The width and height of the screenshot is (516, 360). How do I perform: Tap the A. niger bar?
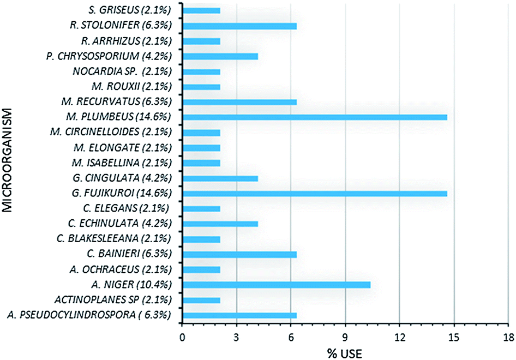(x=277, y=285)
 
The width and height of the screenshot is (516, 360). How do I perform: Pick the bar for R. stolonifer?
(x=239, y=25)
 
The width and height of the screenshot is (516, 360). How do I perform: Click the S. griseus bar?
(x=201, y=10)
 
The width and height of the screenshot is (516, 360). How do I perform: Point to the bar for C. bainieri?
(x=239, y=254)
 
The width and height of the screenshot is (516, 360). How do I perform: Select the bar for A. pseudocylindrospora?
(x=239, y=315)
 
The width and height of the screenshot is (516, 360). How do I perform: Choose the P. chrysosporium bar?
(x=220, y=56)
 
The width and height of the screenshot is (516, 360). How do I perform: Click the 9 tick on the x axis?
(x=345, y=336)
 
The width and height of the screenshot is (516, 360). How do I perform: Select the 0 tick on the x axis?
(x=182, y=336)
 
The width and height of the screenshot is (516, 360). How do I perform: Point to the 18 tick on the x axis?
(x=508, y=336)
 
